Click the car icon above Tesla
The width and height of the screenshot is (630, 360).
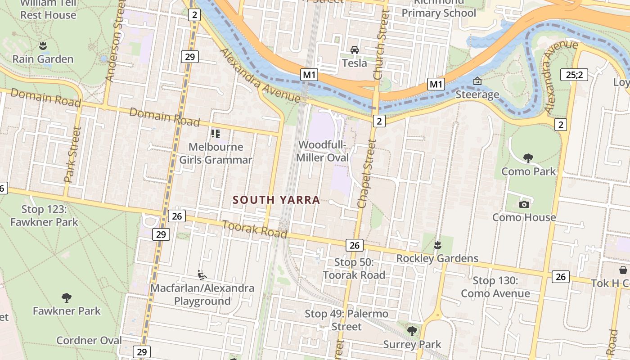[355, 49]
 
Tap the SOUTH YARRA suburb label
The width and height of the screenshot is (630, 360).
[276, 200]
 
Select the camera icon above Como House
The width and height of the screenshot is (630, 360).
[524, 204]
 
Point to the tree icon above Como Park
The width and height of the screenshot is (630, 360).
[528, 158]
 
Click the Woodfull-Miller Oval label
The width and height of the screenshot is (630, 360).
[322, 151]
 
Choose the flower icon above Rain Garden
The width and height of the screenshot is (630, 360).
[43, 45]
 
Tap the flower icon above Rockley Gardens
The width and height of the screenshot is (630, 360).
[437, 245]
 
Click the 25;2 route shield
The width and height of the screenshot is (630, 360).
[574, 75]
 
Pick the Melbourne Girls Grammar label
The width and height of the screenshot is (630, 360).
[216, 153]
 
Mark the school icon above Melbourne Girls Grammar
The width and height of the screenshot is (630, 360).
[216, 133]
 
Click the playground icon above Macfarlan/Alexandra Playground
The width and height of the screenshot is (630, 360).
[202, 274]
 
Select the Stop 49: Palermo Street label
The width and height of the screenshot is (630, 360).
[346, 320]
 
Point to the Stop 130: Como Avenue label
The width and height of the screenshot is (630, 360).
[495, 287]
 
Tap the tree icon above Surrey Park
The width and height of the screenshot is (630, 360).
[412, 331]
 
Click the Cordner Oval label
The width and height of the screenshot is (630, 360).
[89, 340]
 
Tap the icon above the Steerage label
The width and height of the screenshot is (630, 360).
[477, 81]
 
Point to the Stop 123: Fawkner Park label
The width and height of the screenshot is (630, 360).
[44, 216]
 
